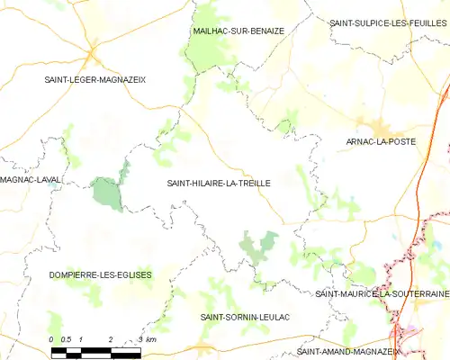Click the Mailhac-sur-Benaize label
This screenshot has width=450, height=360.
coord(238,31)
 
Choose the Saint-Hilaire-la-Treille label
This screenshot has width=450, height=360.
coord(219,183)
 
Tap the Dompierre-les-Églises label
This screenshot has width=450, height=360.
coord(100,274)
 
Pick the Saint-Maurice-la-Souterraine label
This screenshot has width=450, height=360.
coord(382,293)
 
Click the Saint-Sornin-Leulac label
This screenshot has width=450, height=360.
coord(243,318)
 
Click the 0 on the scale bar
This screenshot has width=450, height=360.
coord(52,338)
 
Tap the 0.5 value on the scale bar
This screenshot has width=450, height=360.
coord(66,338)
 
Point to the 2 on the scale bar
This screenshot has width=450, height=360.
coord(110,338)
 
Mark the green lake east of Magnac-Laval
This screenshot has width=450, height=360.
coord(106,193)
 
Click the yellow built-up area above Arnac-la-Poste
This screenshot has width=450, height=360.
coord(373,125)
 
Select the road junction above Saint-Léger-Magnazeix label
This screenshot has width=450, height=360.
coord(94,56)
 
